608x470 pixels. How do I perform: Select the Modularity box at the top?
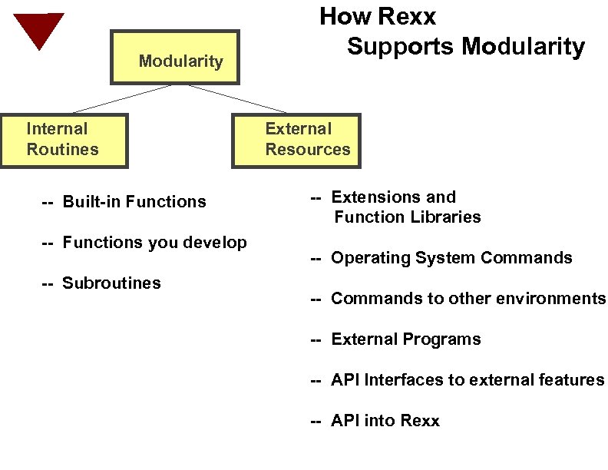175,58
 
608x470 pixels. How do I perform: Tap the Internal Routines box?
64,141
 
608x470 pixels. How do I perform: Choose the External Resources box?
296,141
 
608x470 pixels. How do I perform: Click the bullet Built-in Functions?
124,202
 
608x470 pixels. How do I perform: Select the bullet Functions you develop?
144,243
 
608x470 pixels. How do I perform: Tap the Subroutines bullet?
101,283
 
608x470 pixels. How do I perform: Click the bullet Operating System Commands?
441,258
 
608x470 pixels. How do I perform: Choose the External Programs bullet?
396,339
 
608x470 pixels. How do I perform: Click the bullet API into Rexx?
375,421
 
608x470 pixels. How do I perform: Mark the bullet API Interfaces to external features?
458,380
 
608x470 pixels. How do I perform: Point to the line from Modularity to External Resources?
238,98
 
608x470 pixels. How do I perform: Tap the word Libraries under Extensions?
445,217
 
